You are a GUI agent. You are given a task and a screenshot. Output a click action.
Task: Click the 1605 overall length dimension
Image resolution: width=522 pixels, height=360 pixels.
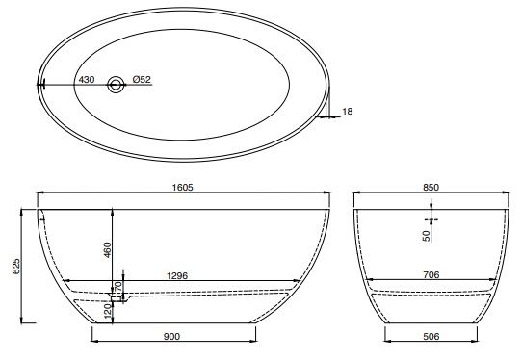pyautogui.click(x=182, y=188)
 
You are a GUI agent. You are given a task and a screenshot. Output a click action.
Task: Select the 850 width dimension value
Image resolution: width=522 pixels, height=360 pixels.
pyautogui.click(x=431, y=188)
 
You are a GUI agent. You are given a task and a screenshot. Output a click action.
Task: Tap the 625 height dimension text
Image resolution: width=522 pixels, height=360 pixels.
pyautogui.click(x=16, y=267)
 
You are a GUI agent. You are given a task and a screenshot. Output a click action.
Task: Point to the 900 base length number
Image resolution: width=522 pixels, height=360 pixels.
pyautogui.click(x=171, y=337)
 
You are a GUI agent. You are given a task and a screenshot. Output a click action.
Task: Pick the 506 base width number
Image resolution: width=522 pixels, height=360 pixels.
pyautogui.click(x=431, y=337)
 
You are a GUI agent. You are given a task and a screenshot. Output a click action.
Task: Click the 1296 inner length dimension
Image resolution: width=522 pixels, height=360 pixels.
pyautogui.click(x=177, y=275)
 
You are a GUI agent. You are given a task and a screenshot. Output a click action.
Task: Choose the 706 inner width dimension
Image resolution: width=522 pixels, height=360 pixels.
pyautogui.click(x=431, y=275)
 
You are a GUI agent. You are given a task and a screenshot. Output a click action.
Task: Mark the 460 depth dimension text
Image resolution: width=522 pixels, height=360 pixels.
pyautogui.click(x=108, y=250)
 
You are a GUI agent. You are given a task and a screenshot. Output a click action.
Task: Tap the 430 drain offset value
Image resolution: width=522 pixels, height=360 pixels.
pyautogui.click(x=87, y=80)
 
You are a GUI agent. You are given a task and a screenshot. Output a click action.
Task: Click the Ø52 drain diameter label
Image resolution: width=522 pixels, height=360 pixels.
pyautogui.click(x=142, y=80)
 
